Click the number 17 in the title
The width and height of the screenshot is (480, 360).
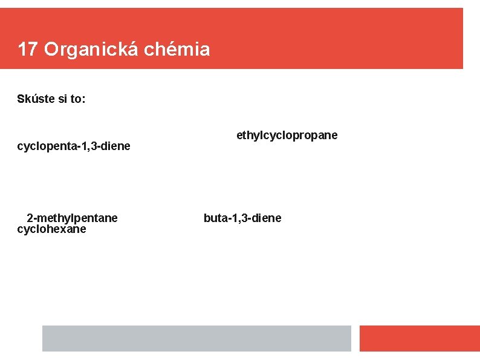pos(28,49)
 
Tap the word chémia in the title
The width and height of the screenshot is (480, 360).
pos(177,49)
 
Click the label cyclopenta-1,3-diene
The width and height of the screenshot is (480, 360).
pos(74,146)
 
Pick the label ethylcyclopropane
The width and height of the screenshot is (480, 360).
pos(287,135)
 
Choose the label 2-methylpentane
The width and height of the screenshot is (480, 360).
pos(73,218)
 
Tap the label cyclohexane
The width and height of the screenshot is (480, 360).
pos(52,229)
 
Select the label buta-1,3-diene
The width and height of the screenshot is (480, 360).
pos(242,218)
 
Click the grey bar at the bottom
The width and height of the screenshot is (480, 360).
pos(196,338)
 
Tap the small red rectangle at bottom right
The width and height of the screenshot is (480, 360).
pos(419,338)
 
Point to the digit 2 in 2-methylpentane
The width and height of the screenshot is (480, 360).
pos(30,218)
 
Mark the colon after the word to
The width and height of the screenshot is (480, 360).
pos(83,99)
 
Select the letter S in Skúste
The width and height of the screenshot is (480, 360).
pos(21,99)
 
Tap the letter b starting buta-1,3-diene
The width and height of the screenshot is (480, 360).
pos(207,218)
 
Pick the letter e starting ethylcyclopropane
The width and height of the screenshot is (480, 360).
pos(239,135)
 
